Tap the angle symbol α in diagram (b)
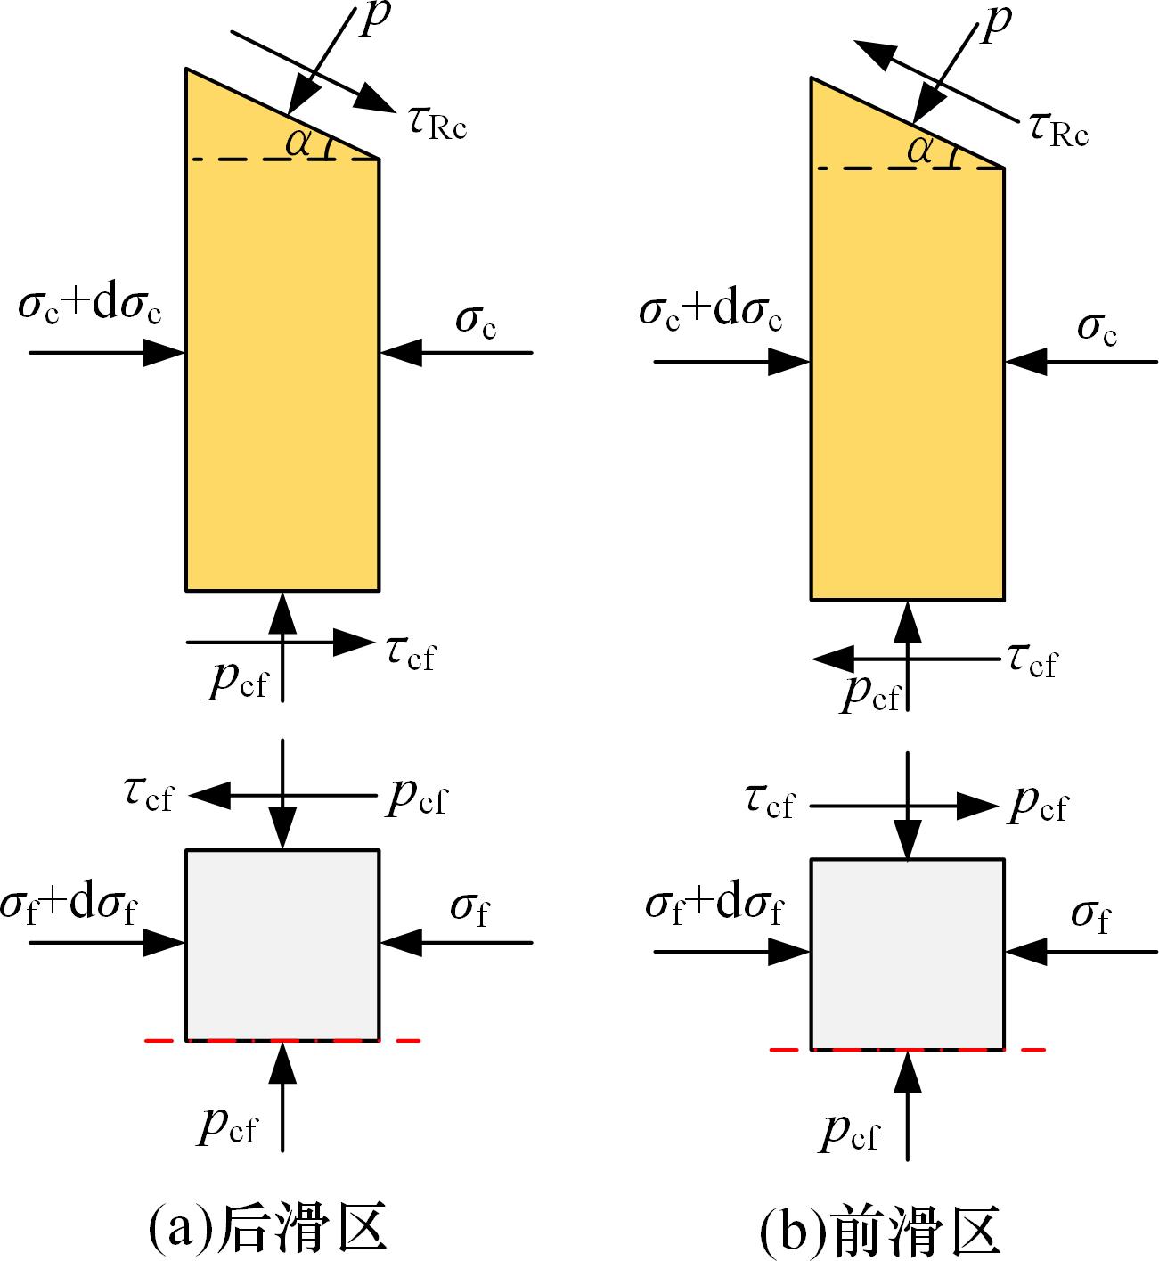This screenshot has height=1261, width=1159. (x=920, y=151)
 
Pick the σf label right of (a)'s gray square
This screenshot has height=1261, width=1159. (x=469, y=909)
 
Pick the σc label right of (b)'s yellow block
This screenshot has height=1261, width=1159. (x=1098, y=328)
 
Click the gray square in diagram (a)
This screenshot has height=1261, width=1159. (x=282, y=945)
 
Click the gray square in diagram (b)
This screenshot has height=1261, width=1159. (x=908, y=954)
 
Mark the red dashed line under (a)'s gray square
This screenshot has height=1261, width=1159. (x=392, y=1040)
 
